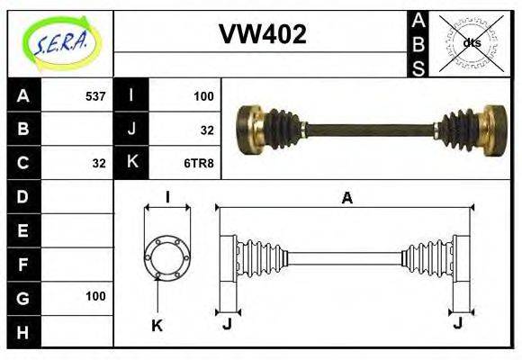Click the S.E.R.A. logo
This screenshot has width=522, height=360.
[60, 42]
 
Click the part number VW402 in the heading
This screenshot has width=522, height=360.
[263, 35]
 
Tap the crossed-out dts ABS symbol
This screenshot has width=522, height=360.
[471, 42]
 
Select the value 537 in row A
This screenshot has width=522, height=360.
[94, 95]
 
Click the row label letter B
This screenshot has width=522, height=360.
[22, 129]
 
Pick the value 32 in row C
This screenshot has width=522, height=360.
[99, 163]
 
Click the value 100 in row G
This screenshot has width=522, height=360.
[95, 296]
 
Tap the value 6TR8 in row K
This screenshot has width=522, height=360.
[200, 163]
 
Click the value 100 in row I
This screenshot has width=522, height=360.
[203, 95]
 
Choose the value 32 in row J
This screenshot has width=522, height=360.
[207, 130]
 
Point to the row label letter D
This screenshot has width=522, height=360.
[22, 196]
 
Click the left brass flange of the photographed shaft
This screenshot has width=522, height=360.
[249, 129]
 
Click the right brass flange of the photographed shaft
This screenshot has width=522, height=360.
[494, 129]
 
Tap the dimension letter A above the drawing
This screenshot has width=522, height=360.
[346, 198]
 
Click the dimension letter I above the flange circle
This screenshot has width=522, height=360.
[167, 198]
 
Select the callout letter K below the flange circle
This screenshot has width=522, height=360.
[157, 326]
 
